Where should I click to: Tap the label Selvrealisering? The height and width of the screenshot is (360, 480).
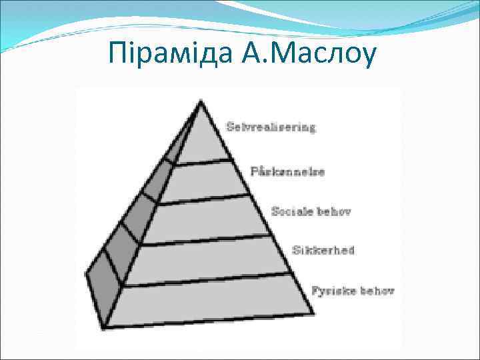(271, 127)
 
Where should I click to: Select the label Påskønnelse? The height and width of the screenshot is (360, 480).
(287, 171)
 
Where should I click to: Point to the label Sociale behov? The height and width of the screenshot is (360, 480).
(311, 211)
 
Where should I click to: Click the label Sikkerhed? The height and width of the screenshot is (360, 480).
(323, 251)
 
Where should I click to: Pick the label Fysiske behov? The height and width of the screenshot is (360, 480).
(353, 291)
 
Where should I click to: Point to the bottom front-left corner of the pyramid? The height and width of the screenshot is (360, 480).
(104, 327)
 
